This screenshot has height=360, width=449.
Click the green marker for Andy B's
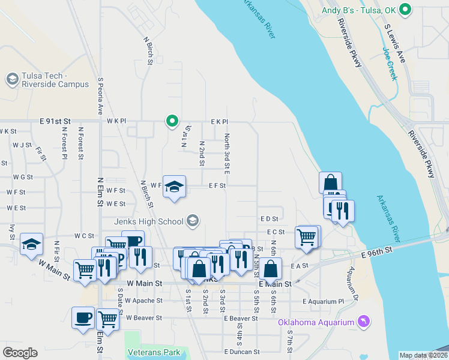[405, 10]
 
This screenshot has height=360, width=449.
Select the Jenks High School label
[149, 222]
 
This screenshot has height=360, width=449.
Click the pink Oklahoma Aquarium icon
[362, 322]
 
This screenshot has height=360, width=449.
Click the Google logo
[20, 352]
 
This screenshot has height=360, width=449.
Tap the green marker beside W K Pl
[172, 121]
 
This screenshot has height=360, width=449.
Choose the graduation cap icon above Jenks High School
[174, 186]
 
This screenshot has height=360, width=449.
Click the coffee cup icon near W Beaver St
[83, 317]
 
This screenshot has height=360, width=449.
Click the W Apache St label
[144, 301]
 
